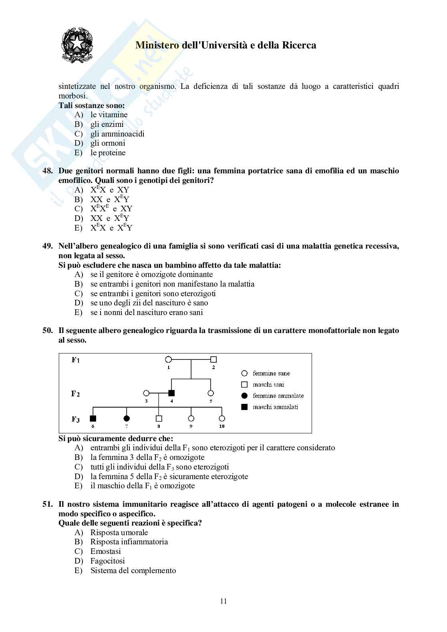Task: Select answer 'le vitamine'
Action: point(109,115)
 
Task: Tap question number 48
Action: point(48,171)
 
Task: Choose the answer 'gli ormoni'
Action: point(108,143)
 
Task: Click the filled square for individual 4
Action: point(171,393)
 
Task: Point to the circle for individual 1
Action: point(169,359)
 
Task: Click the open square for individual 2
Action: point(213,359)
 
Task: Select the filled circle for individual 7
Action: point(127,419)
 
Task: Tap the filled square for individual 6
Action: point(93,419)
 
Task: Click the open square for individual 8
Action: point(159,419)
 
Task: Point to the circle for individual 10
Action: point(222,419)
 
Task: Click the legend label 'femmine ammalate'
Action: point(278,396)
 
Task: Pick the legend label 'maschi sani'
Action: point(268,385)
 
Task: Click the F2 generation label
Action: point(75,393)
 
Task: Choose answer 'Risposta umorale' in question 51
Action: point(119,533)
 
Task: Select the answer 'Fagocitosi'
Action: point(107,561)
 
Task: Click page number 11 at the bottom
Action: point(223,601)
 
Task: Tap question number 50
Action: point(48,331)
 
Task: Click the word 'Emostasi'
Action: point(105,552)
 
